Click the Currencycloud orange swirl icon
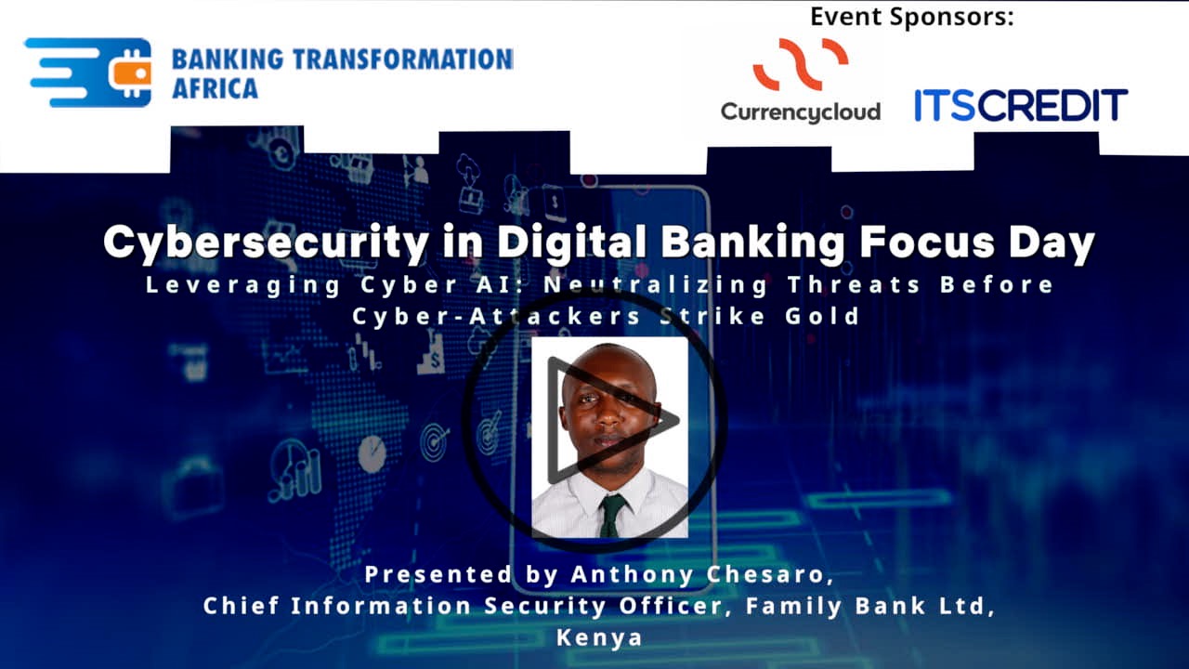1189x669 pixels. point(800,64)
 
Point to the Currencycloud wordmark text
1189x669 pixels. point(800,111)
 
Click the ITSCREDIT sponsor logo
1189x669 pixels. point(1020,106)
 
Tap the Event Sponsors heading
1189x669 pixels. point(912,17)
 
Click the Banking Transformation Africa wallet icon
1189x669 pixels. point(129,72)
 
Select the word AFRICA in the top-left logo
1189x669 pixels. point(215,89)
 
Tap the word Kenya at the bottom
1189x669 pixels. point(599,637)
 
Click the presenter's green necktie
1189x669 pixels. point(610,515)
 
